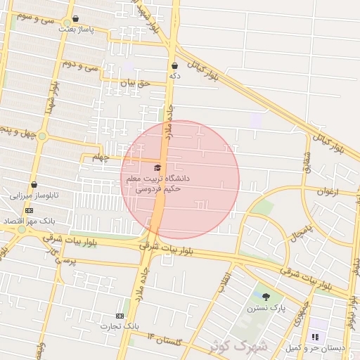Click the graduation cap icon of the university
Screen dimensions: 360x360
(157, 167)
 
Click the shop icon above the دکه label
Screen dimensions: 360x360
(174, 66)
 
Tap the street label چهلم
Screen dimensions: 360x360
(101, 159)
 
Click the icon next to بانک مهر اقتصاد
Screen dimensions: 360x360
(29, 210)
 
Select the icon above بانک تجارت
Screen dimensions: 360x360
(120, 316)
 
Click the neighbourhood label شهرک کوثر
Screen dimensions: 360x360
(238, 345)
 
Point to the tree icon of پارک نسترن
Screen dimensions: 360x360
(266, 297)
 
